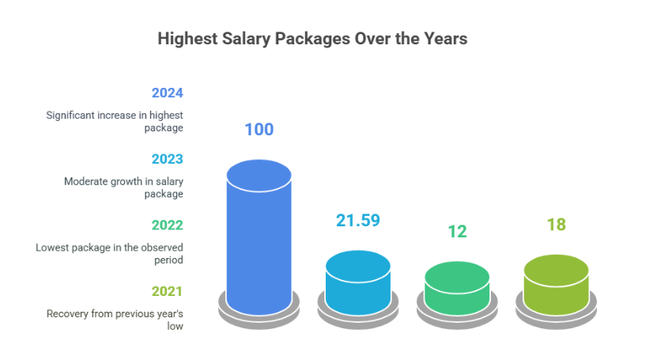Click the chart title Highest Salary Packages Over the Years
click(x=312, y=38)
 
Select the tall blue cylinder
click(x=259, y=237)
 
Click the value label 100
click(x=259, y=129)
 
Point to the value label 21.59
click(x=358, y=221)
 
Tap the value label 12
click(x=457, y=231)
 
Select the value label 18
click(x=556, y=224)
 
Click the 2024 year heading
click(x=168, y=92)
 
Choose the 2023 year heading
click(x=168, y=158)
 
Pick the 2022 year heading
click(x=168, y=225)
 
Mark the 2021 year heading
click(x=168, y=290)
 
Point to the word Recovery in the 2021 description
click(x=67, y=313)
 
